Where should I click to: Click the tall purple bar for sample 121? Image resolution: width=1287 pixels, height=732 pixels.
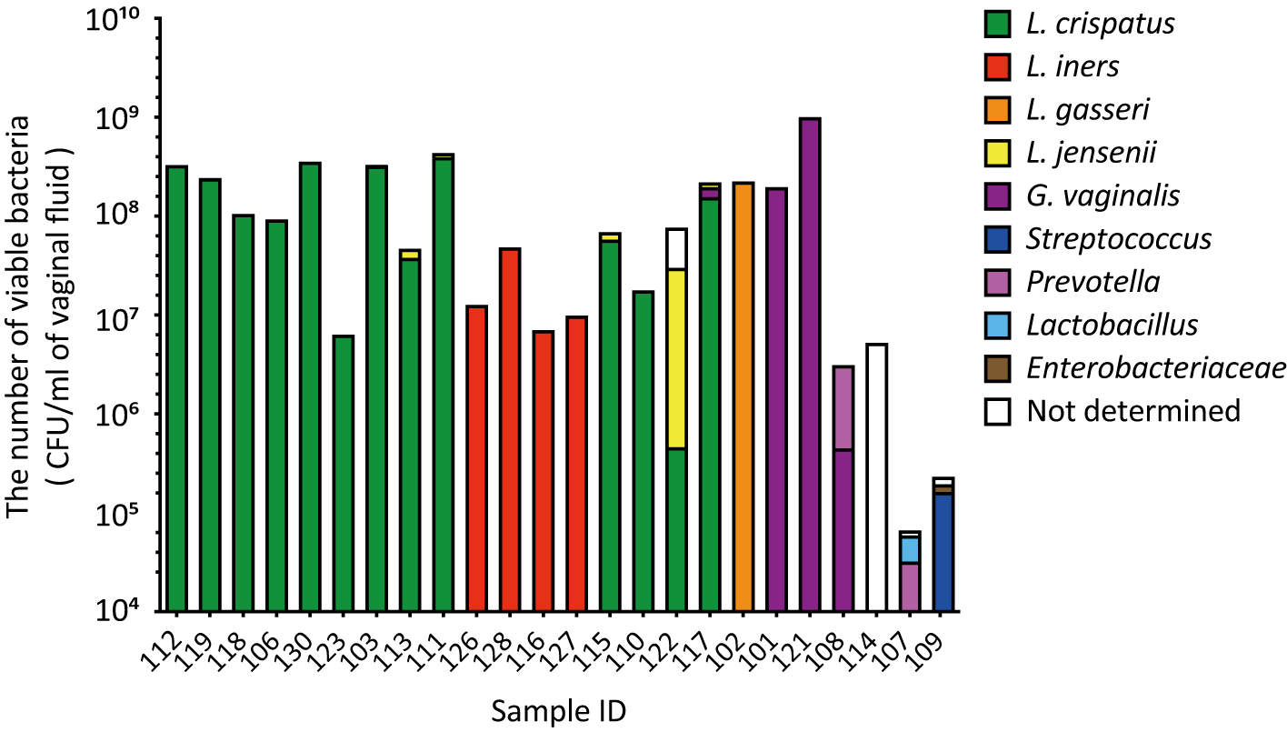click(x=810, y=364)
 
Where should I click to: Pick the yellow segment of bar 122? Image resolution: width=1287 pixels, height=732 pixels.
click(x=676, y=358)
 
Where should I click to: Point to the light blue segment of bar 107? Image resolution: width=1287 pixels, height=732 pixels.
click(x=910, y=549)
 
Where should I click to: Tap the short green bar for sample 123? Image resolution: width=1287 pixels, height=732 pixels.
click(x=344, y=473)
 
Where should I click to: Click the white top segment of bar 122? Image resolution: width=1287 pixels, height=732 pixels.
click(x=676, y=249)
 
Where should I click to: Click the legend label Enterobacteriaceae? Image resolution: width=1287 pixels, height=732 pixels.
click(x=1154, y=368)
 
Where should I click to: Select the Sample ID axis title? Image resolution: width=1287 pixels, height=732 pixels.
click(x=559, y=710)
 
